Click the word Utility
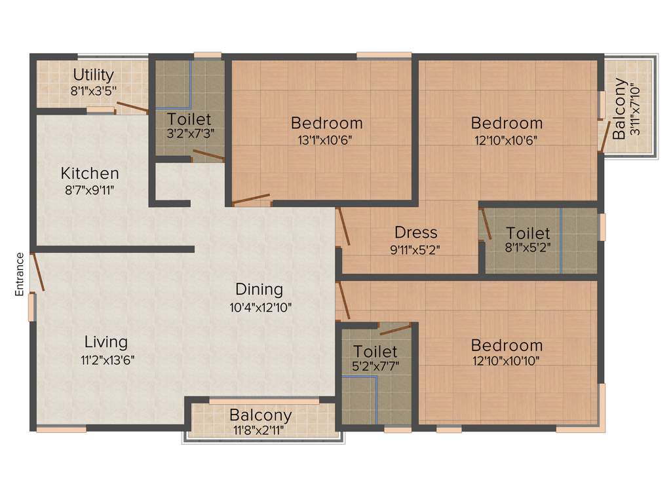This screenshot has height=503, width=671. click(93, 75)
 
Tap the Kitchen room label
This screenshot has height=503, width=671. click(90, 174)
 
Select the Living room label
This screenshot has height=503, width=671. click(106, 342)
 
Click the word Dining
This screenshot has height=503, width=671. click(259, 289)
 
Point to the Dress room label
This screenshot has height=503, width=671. click(415, 233)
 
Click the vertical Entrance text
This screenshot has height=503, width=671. click(20, 274)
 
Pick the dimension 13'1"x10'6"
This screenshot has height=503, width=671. click(326, 140)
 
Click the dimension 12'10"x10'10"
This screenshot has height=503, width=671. click(507, 362)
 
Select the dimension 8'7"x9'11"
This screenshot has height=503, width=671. click(90, 191)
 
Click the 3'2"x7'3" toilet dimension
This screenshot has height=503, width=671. click(189, 134)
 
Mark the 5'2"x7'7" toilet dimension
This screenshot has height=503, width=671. click(375, 367)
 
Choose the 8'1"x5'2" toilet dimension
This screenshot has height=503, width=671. click(528, 250)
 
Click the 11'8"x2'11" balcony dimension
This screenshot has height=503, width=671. click(260, 430)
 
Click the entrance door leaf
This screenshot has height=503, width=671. click(38, 271)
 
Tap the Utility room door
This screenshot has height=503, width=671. click(132, 108)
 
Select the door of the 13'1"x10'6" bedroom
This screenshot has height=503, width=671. click(251, 199)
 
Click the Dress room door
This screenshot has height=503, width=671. click(343, 227)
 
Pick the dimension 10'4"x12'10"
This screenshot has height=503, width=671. click(259, 306)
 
